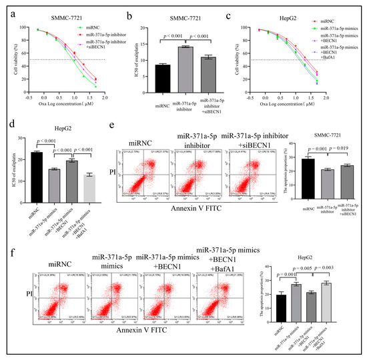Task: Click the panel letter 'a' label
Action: click(x=5, y=9)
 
